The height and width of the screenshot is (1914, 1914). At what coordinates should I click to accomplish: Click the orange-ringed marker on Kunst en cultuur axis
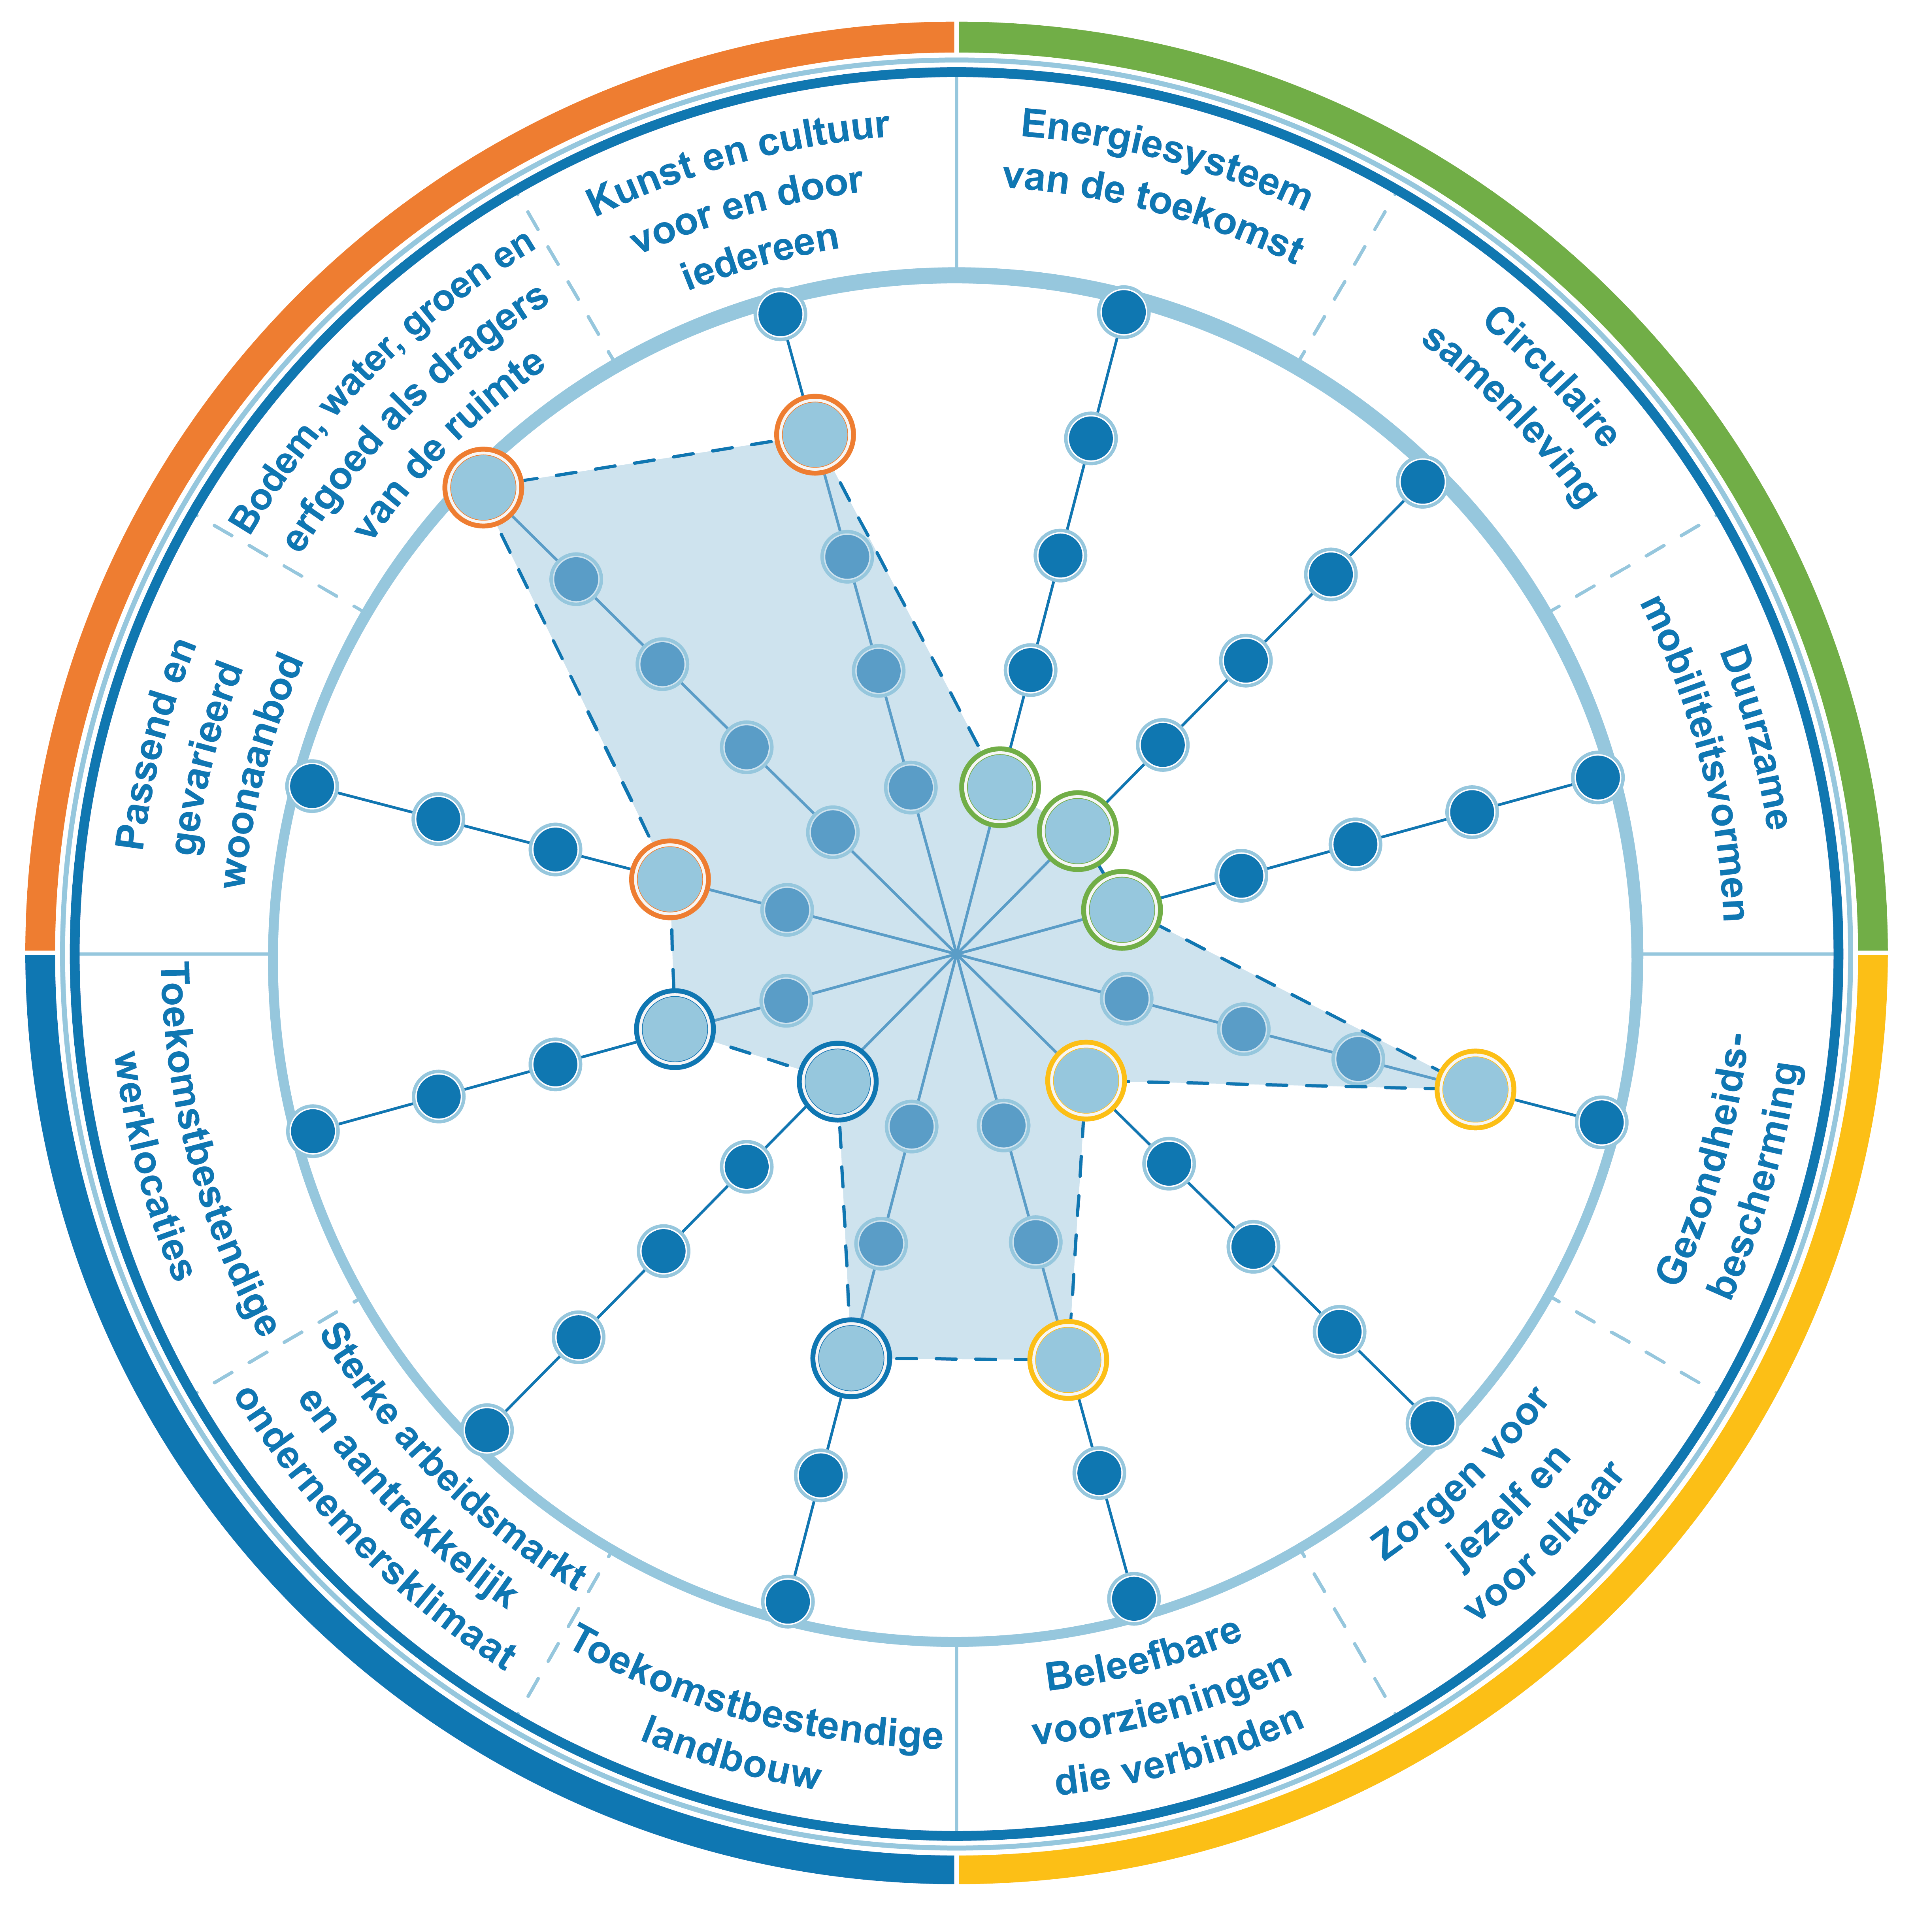coord(815,434)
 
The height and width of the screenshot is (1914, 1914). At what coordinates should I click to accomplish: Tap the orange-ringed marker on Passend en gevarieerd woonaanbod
coord(671,879)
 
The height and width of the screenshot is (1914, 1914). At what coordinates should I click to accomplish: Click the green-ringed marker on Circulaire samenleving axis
coord(1077,830)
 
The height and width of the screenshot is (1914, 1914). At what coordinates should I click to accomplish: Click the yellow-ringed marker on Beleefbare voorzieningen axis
coord(1068,1359)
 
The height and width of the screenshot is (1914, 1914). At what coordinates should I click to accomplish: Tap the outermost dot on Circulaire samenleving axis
coord(1422,483)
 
